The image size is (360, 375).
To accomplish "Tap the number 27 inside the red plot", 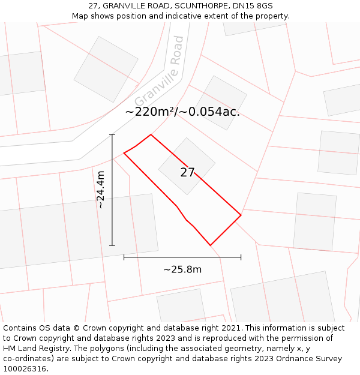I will click(x=187, y=173).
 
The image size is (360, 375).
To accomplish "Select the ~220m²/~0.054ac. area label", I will click(x=182, y=112).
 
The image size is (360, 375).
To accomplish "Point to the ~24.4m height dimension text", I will click(x=101, y=190).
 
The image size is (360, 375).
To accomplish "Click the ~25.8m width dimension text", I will click(x=182, y=269).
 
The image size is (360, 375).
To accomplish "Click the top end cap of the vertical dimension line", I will click(x=112, y=134).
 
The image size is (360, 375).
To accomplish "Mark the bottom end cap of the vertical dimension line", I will click(x=112, y=245).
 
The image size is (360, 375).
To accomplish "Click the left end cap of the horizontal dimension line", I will click(x=124, y=257).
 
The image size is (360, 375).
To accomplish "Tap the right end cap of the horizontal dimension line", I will click(x=241, y=257).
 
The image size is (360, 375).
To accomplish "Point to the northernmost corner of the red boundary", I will click(x=151, y=134).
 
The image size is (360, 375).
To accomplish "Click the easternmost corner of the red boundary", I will click(x=241, y=215).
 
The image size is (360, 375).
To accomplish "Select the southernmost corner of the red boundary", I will click(x=211, y=245).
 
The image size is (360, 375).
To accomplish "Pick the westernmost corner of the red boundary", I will click(x=124, y=153).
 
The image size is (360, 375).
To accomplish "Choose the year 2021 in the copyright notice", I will click(x=231, y=328).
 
